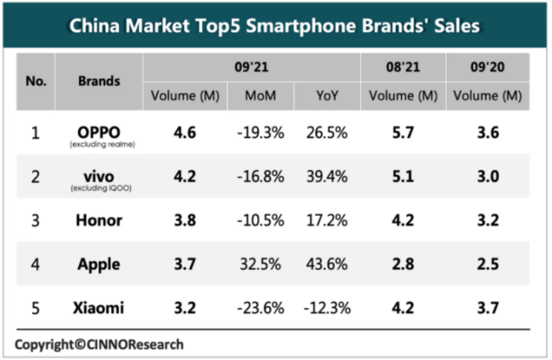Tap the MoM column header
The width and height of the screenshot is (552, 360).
[260, 95]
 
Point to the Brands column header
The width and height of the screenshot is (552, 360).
[99, 81]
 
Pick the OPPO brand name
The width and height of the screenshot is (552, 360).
[99, 132]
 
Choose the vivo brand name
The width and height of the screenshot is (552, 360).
[99, 176]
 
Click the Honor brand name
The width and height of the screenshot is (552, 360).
[99, 221]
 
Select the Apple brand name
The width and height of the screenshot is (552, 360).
[99, 264]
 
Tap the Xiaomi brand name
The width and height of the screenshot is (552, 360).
[99, 307]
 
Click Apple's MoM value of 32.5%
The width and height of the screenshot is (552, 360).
[260, 264]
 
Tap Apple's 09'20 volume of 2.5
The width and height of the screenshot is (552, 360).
[487, 264]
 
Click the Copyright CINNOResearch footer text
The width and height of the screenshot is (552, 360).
[99, 344]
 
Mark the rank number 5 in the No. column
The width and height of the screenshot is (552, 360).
[36, 307]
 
